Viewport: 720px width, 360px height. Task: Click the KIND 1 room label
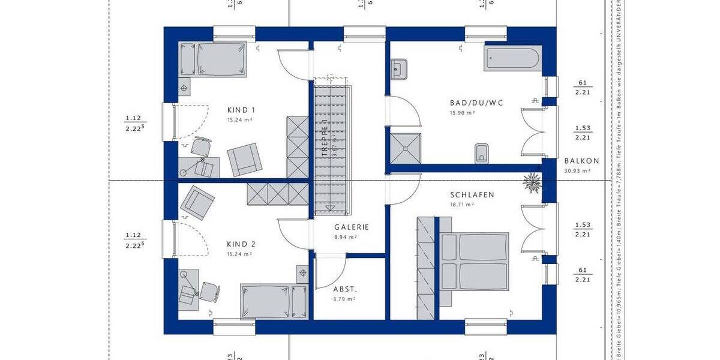coord(241,110)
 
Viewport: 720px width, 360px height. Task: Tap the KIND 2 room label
coord(241,244)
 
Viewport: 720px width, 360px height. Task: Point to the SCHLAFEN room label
coord(472,195)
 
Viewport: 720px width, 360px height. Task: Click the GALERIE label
coord(351,227)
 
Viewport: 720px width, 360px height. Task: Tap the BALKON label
coord(581,161)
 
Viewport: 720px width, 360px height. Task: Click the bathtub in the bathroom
coord(512,60)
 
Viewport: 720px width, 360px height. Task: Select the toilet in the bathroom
coord(481,154)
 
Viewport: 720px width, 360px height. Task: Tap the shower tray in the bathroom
coord(404,148)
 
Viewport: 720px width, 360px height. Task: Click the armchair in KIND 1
coord(244,158)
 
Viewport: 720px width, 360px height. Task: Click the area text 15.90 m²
coord(463,113)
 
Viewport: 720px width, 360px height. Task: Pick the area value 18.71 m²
coord(463,205)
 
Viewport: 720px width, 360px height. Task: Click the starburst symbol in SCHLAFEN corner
coord(532,181)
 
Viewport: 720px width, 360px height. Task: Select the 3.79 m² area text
coord(344,298)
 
